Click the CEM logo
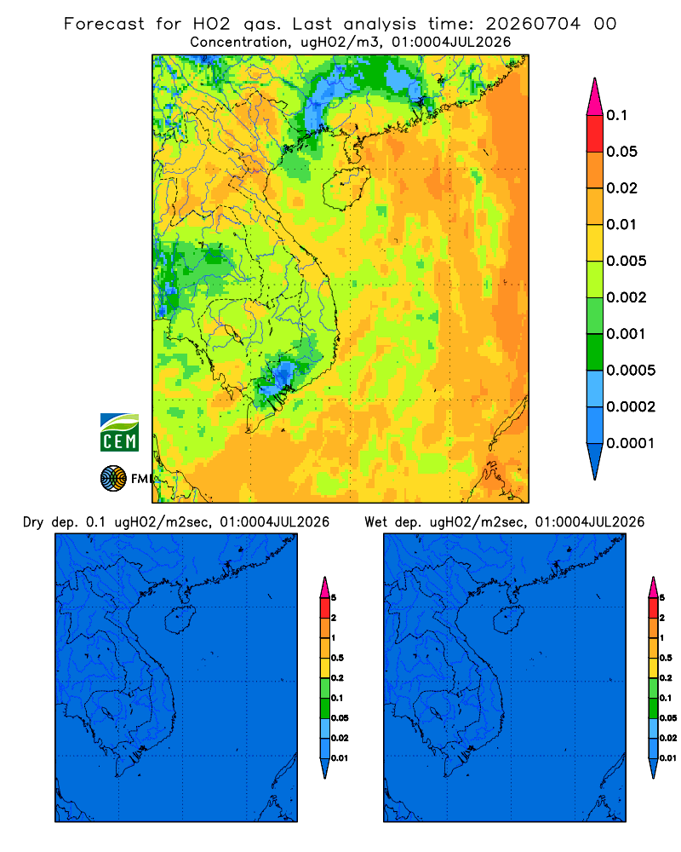point(119,432)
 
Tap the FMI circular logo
point(113,479)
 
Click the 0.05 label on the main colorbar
point(621,152)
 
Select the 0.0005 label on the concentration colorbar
point(631,371)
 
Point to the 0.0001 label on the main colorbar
point(631,443)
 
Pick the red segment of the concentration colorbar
point(595,134)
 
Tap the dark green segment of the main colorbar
point(595,352)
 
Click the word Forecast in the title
point(104,24)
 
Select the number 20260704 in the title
point(533,24)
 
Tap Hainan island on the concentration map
point(346,187)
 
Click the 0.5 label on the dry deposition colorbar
point(337,658)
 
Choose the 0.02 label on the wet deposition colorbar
point(668,738)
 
